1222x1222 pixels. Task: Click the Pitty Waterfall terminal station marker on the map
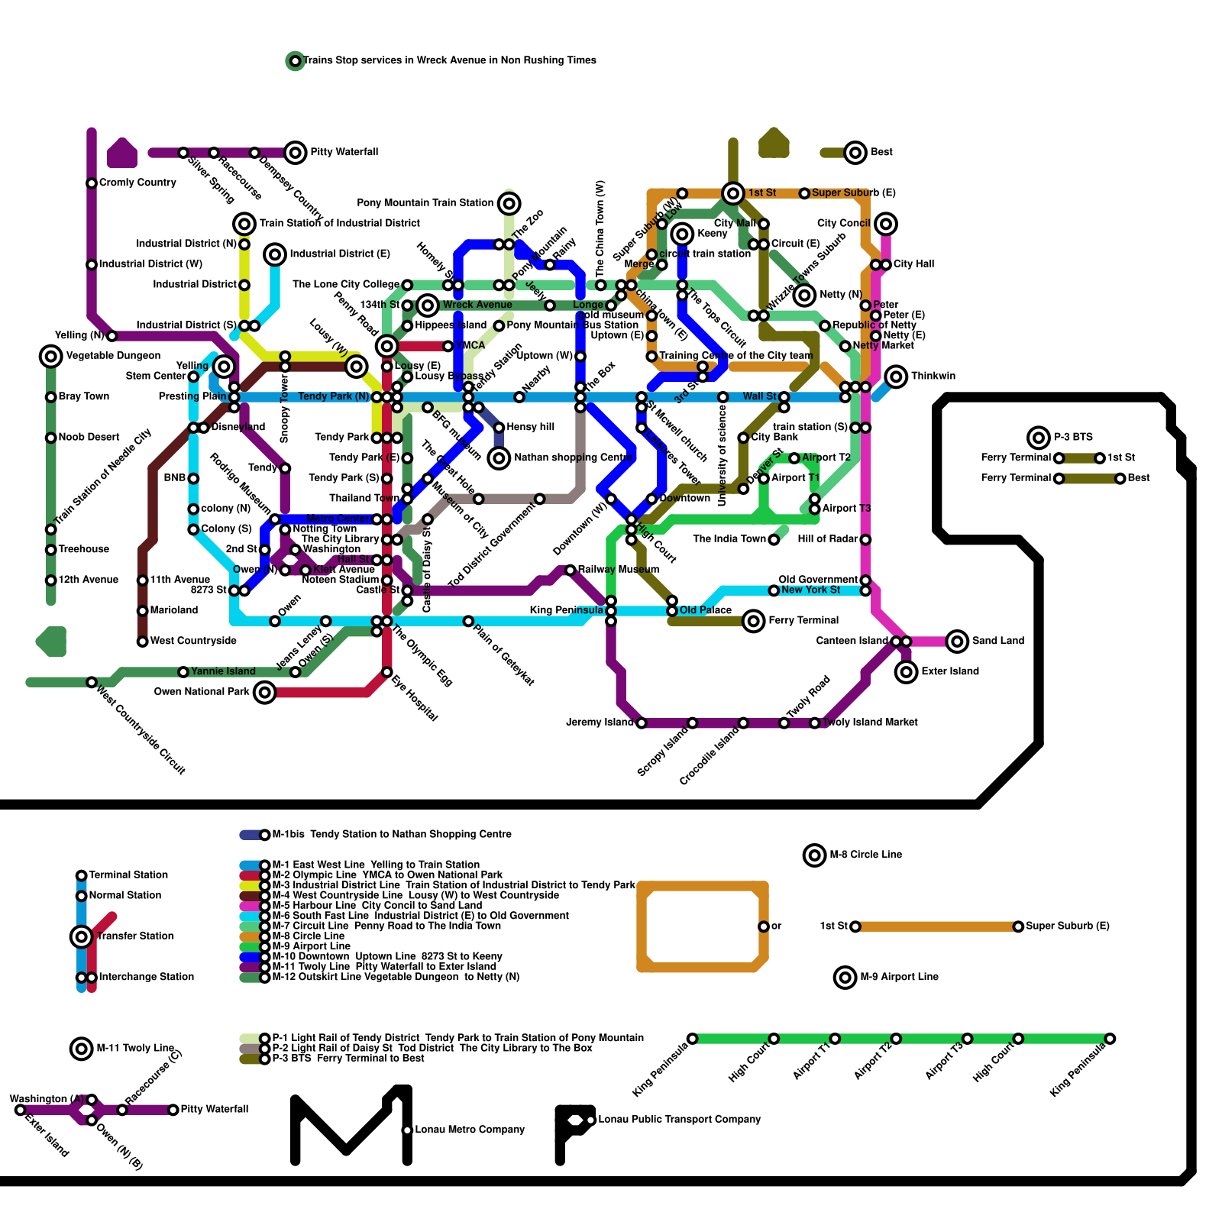pyautogui.click(x=296, y=153)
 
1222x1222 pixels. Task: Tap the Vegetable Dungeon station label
pyautogui.click(x=113, y=356)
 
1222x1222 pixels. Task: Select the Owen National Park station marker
pyautogui.click(x=264, y=693)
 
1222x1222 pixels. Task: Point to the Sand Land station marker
pyautogui.click(x=957, y=642)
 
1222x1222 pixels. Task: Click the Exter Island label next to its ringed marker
pyautogui.click(x=950, y=671)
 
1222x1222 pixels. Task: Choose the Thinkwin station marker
pyautogui.click(x=896, y=377)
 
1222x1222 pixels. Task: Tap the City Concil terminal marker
pyautogui.click(x=886, y=224)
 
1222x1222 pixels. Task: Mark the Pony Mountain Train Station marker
pyautogui.click(x=509, y=203)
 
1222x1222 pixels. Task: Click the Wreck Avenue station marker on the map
pyautogui.click(x=428, y=305)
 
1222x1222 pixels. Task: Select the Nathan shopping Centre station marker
pyautogui.click(x=499, y=458)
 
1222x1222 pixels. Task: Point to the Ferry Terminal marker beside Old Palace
pyautogui.click(x=754, y=621)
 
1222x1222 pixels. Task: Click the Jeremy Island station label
pyautogui.click(x=600, y=723)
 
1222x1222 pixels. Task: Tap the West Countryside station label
pyautogui.click(x=193, y=641)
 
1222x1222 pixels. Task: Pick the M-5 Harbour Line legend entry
pyautogui.click(x=377, y=905)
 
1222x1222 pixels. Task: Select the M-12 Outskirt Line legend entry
pyautogui.click(x=396, y=977)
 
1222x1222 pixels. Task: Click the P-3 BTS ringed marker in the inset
pyautogui.click(x=1039, y=438)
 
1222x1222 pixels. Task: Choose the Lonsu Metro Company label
pyautogui.click(x=470, y=1130)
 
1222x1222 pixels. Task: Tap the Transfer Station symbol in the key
pyautogui.click(x=82, y=936)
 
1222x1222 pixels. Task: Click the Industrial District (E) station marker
pyautogui.click(x=275, y=254)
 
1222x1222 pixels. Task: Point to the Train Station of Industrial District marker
pyautogui.click(x=244, y=224)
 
